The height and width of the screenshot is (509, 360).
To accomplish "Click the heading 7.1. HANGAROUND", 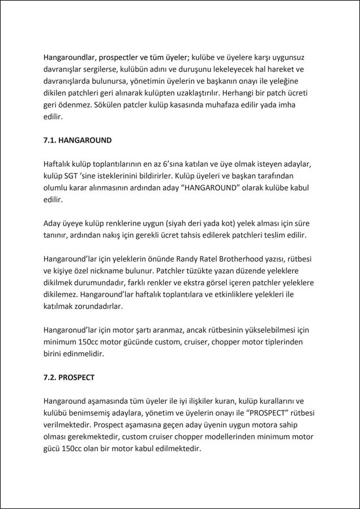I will [78, 140].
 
